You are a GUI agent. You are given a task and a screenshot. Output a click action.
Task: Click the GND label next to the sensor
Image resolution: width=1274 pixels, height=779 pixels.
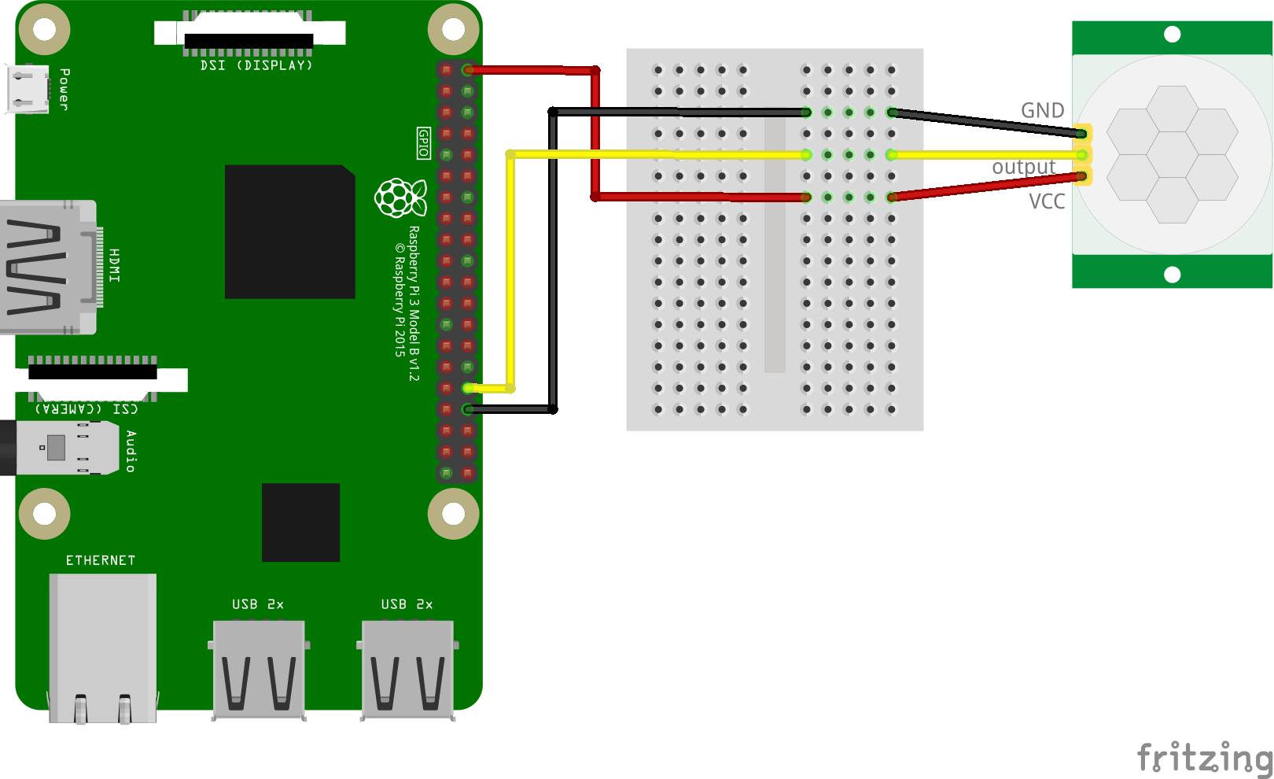click(1042, 111)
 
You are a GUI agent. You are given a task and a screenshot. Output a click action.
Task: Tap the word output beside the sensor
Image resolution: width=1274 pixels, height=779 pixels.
click(1023, 167)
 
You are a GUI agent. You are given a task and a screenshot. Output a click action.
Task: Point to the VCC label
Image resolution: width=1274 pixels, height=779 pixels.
click(1047, 202)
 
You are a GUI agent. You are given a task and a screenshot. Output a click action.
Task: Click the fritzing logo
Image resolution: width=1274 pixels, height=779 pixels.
click(1204, 758)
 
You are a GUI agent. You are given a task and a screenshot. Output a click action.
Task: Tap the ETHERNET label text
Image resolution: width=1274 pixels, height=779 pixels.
click(101, 560)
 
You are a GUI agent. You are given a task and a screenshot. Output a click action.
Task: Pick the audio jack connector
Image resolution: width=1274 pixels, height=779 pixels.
click(59, 448)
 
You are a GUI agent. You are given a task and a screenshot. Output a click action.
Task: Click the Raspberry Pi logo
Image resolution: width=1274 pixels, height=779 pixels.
click(400, 198)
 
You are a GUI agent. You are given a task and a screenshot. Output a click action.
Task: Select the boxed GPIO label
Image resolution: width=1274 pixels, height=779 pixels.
click(424, 143)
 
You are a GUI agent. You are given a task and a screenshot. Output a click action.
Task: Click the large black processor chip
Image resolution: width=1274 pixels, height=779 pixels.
click(289, 231)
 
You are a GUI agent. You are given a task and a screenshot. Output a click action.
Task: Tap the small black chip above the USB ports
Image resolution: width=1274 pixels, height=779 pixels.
click(300, 522)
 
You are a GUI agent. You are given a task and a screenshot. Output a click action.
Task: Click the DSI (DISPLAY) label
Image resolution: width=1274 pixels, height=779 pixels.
click(256, 65)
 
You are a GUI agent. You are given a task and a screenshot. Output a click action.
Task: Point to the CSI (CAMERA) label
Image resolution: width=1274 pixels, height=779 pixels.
click(87, 408)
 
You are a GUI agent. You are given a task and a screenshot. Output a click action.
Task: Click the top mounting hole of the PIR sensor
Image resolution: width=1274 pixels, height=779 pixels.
click(1172, 34)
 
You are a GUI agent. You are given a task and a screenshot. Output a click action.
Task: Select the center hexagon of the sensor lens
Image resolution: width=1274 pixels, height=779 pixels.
click(1172, 154)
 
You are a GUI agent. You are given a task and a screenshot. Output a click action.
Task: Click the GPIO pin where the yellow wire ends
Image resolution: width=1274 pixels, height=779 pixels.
click(468, 388)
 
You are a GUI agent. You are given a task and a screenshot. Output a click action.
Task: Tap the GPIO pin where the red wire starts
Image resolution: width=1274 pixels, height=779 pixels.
click(468, 70)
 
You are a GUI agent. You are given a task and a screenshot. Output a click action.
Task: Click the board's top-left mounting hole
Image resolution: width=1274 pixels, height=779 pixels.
click(44, 30)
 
